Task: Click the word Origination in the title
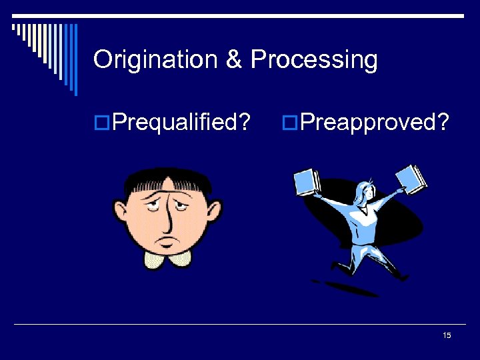(x=156, y=60)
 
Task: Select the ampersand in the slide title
(x=233, y=60)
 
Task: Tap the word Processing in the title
(x=314, y=61)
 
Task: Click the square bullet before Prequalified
(x=102, y=123)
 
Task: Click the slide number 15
(x=447, y=335)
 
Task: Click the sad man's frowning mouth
(x=169, y=238)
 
